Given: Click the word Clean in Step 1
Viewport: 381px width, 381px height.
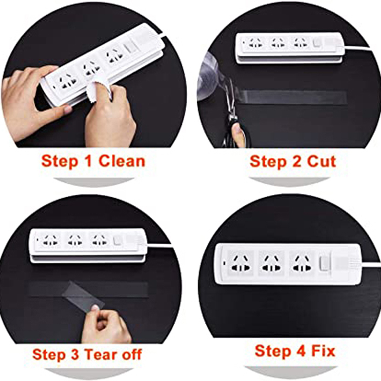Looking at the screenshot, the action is point(122,161).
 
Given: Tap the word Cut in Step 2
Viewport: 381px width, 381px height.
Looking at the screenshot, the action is point(321,161).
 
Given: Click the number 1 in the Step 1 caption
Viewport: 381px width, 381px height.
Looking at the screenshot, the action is point(89,161).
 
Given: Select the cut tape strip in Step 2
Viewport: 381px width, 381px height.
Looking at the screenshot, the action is point(291,96).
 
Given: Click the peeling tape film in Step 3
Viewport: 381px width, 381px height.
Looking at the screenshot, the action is point(84,294).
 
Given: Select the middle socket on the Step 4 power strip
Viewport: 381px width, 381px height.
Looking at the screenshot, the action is point(271,264).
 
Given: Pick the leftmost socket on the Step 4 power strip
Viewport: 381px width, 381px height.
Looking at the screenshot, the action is point(240,264).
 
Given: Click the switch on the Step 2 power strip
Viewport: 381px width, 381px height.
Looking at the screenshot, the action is point(317,43).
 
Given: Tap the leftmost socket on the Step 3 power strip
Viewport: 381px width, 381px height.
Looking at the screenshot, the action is point(50,240).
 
